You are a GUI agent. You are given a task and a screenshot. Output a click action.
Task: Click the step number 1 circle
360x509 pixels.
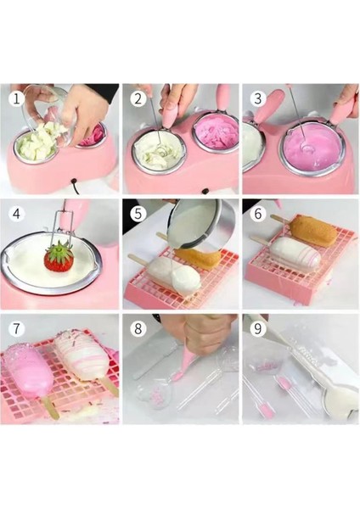(x=17, y=98)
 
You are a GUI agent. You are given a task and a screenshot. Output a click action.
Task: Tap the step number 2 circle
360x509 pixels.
(x=138, y=98)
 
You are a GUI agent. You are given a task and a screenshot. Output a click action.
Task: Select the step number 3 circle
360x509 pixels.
(x=257, y=98)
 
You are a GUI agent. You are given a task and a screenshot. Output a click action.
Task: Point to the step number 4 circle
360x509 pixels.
(x=17, y=214)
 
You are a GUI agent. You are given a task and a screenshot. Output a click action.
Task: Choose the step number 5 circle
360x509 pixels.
(x=138, y=214)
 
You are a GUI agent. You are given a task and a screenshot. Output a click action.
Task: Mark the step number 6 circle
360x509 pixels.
(x=257, y=214)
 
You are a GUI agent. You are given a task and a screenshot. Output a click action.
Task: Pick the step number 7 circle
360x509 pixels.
(x=17, y=328)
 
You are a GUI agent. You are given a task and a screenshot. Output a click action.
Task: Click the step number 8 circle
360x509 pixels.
(x=138, y=328)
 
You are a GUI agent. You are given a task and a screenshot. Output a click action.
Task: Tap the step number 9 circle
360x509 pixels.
(x=257, y=328)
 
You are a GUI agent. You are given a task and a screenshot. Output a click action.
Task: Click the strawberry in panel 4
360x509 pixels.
(x=59, y=259)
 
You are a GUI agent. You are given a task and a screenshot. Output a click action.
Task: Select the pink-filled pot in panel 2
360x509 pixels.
(x=216, y=131)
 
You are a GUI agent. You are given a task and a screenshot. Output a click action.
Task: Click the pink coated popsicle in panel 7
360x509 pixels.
(x=31, y=367)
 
